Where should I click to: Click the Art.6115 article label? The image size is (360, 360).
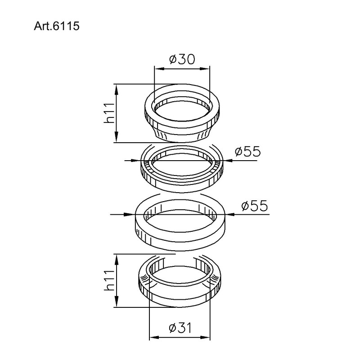click(57, 26)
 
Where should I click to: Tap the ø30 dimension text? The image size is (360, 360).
click(182, 59)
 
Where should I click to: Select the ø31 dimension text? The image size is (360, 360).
click(180, 328)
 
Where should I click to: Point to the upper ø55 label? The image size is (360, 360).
click(248, 151)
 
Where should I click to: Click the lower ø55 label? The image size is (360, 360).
click(254, 206)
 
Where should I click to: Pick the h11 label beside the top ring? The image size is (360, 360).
click(109, 113)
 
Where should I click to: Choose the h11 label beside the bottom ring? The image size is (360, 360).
click(109, 280)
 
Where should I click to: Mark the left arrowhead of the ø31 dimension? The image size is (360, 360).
click(154, 337)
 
